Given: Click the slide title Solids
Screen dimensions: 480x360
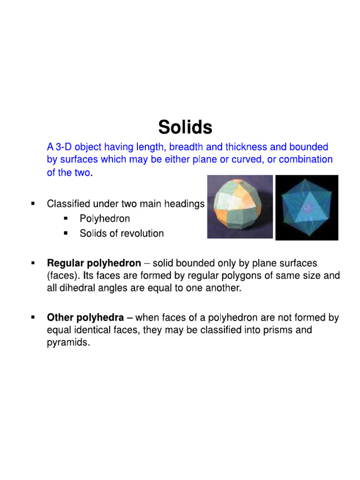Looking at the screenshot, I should [x=185, y=127].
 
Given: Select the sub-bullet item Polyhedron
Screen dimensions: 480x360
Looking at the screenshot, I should [x=105, y=218].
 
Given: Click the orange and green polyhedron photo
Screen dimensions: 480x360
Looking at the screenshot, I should [x=240, y=207].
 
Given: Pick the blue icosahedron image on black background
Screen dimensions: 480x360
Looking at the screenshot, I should [x=307, y=208].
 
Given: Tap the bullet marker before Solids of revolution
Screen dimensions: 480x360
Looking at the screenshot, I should [x=66, y=233].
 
